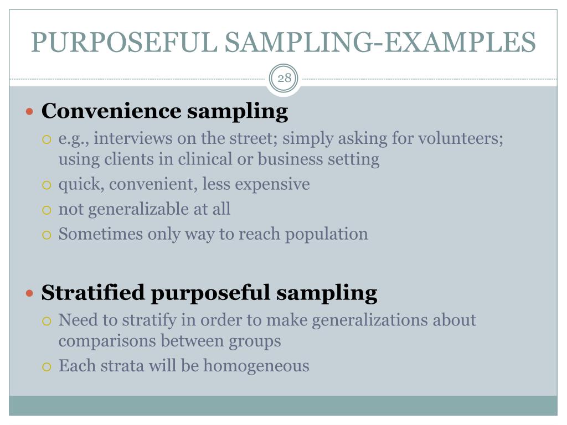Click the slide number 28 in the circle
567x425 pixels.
284,78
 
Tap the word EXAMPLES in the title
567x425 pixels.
461,42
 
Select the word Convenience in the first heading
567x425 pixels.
111,111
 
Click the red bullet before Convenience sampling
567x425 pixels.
30,112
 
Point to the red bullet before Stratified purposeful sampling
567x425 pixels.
30,293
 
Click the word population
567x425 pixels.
327,234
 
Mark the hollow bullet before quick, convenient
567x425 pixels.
47,185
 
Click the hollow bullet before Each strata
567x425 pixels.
47,366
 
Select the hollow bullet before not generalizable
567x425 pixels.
47,210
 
